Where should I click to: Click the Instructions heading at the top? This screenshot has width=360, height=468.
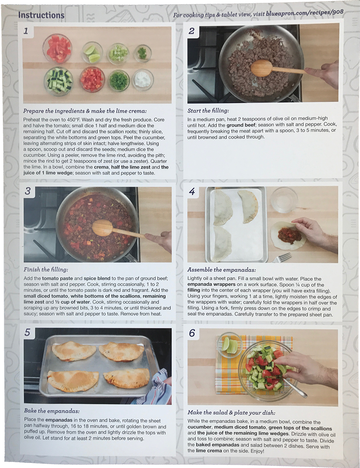pos(41,15)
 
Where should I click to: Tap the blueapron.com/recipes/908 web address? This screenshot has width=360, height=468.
pos(305,13)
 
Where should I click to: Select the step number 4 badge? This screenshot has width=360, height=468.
pos(192,191)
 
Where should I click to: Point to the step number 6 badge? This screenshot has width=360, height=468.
pos(192,333)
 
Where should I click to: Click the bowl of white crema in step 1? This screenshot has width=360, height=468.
pos(143,80)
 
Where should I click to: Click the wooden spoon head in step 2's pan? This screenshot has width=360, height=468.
pos(261,68)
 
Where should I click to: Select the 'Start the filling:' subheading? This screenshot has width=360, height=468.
pos(208,111)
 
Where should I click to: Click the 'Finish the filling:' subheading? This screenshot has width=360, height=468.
pos(46,269)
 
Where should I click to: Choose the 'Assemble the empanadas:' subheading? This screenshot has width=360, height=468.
pos(222,270)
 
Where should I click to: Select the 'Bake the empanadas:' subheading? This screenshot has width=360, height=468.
pos(52,411)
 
